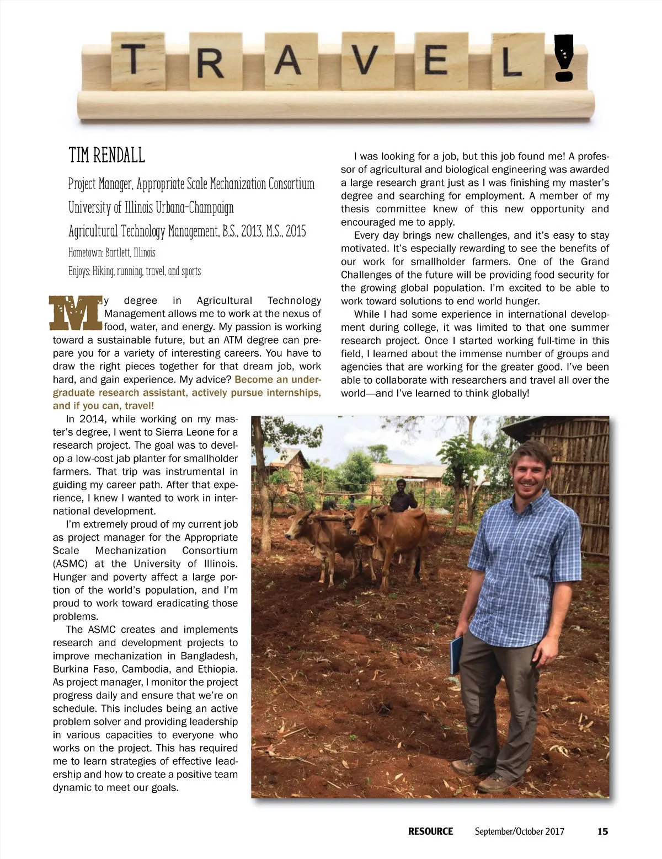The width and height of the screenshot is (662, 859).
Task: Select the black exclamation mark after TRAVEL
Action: pyautogui.click(x=563, y=58)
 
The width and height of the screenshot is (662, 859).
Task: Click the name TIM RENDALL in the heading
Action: pyautogui.click(x=106, y=155)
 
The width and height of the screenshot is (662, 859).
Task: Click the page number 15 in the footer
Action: pyautogui.click(x=602, y=831)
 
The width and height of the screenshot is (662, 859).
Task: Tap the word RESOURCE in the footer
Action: pyautogui.click(x=430, y=831)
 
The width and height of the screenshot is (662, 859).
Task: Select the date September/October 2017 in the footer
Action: pyautogui.click(x=519, y=831)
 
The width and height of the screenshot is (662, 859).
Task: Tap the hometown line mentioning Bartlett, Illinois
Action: pyautogui.click(x=112, y=253)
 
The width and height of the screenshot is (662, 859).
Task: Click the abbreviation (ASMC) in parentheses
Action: pyautogui.click(x=70, y=563)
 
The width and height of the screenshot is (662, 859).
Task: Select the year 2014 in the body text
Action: pyautogui.click(x=92, y=418)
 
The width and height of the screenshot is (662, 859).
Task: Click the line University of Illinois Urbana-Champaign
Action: pyautogui.click(x=151, y=207)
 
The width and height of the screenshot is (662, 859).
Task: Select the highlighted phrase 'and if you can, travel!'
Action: pyautogui.click(x=103, y=406)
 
